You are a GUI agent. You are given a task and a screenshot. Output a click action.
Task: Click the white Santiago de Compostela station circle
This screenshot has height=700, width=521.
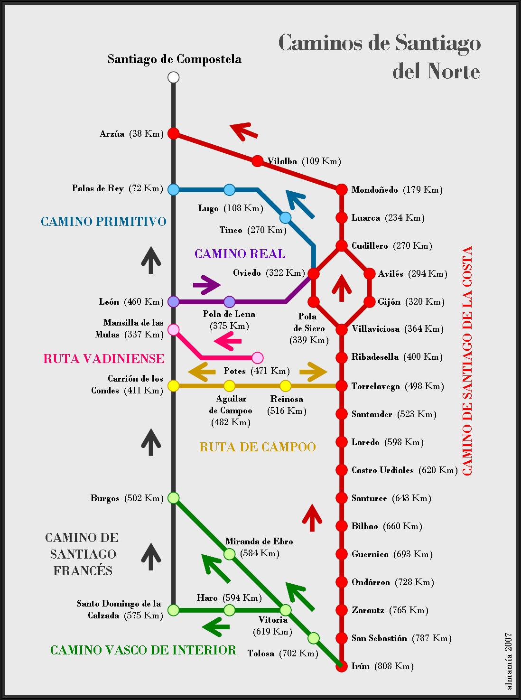(173, 77)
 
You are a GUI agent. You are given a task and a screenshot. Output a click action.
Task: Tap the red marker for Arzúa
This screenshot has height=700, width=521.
(173, 133)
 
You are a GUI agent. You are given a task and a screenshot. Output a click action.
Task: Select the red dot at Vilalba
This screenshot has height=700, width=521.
(257, 161)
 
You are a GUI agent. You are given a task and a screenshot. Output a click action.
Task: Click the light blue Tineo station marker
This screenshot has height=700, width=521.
(285, 217)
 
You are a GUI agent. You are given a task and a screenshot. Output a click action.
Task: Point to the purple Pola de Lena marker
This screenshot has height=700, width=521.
(229, 302)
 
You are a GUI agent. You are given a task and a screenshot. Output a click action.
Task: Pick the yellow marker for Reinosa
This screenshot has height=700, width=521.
(285, 386)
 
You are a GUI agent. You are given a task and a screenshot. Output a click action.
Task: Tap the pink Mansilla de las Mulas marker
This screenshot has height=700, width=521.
(173, 330)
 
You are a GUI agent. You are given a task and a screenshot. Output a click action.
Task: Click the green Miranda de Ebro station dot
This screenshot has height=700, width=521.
(229, 554)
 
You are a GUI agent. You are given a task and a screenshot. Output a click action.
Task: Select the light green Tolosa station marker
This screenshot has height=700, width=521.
(313, 638)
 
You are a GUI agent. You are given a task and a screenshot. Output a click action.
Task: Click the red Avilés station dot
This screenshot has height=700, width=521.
(369, 274)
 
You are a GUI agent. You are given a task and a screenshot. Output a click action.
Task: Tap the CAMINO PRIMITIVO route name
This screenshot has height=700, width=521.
(103, 222)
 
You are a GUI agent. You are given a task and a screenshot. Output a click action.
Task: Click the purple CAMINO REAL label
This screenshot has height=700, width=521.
(240, 254)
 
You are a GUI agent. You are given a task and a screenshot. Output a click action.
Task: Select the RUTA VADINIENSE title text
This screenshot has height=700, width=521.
(104, 358)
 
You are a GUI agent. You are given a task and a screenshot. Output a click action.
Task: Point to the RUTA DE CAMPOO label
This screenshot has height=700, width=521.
(258, 447)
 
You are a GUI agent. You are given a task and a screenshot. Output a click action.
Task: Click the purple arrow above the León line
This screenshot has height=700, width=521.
(207, 285)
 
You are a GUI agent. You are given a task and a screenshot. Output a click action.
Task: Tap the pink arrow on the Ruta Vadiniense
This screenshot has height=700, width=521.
(228, 341)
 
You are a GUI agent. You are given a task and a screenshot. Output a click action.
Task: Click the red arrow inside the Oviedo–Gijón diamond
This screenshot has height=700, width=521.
(342, 288)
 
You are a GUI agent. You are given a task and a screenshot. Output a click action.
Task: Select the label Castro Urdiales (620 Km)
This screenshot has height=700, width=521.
(405, 470)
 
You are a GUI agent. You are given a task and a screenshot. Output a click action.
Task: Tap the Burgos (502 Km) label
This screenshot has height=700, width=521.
(127, 498)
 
